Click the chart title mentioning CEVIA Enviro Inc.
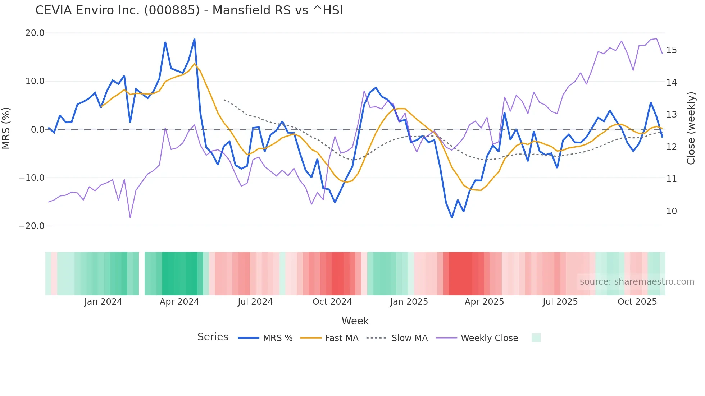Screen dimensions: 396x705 click(189, 10)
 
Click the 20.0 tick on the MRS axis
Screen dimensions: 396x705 click(35, 33)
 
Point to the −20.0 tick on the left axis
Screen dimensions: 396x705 click(32, 226)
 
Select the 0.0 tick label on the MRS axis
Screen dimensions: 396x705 click(38, 130)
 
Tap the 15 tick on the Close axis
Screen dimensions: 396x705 click(671, 50)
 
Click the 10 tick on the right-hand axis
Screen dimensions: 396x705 click(671, 211)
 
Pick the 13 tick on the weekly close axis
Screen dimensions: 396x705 click(671, 115)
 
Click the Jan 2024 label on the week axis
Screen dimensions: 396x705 click(103, 302)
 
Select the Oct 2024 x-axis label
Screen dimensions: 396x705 click(332, 302)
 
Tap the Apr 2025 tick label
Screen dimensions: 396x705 click(484, 302)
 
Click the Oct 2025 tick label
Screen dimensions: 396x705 click(637, 302)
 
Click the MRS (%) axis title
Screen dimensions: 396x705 click(6, 128)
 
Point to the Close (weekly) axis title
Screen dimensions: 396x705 click(691, 128)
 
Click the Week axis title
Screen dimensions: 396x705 click(355, 321)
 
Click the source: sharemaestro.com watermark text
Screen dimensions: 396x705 click(637, 282)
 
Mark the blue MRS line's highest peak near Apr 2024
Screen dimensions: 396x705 click(195, 39)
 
